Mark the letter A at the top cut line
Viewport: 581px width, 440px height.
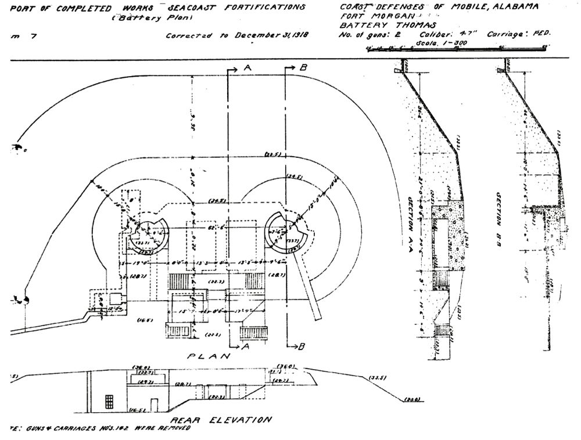point(247,68)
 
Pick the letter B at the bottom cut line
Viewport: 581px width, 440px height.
point(301,347)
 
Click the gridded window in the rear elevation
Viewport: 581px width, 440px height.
point(109,402)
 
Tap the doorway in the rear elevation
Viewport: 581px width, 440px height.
point(153,405)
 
